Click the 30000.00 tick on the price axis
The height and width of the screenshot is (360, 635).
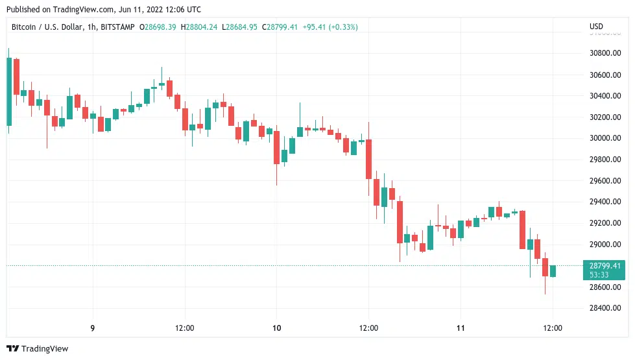(x=605, y=138)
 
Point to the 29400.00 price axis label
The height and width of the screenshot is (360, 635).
(x=605, y=202)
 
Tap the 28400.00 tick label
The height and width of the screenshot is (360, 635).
(x=605, y=308)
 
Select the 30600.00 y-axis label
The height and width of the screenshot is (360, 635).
(x=605, y=75)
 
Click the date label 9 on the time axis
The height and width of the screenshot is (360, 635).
(x=93, y=328)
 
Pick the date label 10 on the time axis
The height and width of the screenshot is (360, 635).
(x=277, y=328)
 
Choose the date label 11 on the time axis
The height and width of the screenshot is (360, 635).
(x=461, y=328)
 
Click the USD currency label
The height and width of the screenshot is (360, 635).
(x=595, y=27)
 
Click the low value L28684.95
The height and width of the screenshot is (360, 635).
(x=239, y=27)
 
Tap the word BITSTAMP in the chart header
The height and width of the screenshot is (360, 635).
(x=119, y=27)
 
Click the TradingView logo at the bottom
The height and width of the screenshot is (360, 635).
(x=37, y=349)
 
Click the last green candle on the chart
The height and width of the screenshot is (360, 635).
(x=553, y=271)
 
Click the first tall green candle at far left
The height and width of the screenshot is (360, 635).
(x=9, y=91)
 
